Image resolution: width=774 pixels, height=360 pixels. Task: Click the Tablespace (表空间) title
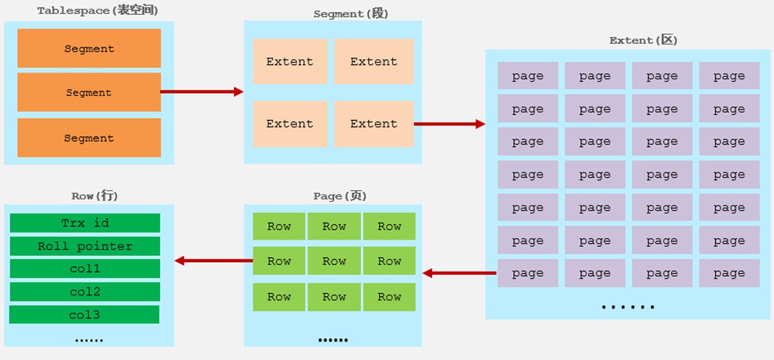tap(97, 11)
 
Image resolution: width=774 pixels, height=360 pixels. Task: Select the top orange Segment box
tap(89, 48)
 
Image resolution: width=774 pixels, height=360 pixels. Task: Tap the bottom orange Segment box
tap(89, 138)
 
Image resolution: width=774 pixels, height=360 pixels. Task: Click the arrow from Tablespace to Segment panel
tap(202, 91)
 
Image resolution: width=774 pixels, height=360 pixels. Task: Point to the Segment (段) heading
tap(351, 14)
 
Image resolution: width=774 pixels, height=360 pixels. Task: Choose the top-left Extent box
tap(290, 61)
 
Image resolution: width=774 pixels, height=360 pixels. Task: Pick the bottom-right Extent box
tap(374, 124)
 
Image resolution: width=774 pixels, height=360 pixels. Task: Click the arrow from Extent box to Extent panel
tap(449, 124)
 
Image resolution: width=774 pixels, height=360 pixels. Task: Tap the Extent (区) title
tap(643, 40)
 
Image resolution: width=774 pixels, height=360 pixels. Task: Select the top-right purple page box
tap(730, 76)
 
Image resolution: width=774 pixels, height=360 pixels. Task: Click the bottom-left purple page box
tap(528, 273)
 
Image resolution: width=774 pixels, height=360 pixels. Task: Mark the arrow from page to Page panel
tap(459, 273)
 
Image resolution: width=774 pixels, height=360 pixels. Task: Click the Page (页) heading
tap(339, 196)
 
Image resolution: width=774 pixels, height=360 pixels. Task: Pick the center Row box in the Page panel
tap(334, 261)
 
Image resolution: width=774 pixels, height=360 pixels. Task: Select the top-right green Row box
tap(390, 226)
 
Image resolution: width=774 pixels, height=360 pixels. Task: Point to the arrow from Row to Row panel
tap(214, 260)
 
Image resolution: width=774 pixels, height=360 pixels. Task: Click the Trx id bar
tap(85, 223)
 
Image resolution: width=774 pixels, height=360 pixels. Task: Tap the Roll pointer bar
tap(85, 246)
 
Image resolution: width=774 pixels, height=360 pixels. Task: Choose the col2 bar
tap(85, 292)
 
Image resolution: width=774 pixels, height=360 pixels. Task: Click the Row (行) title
tap(94, 196)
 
